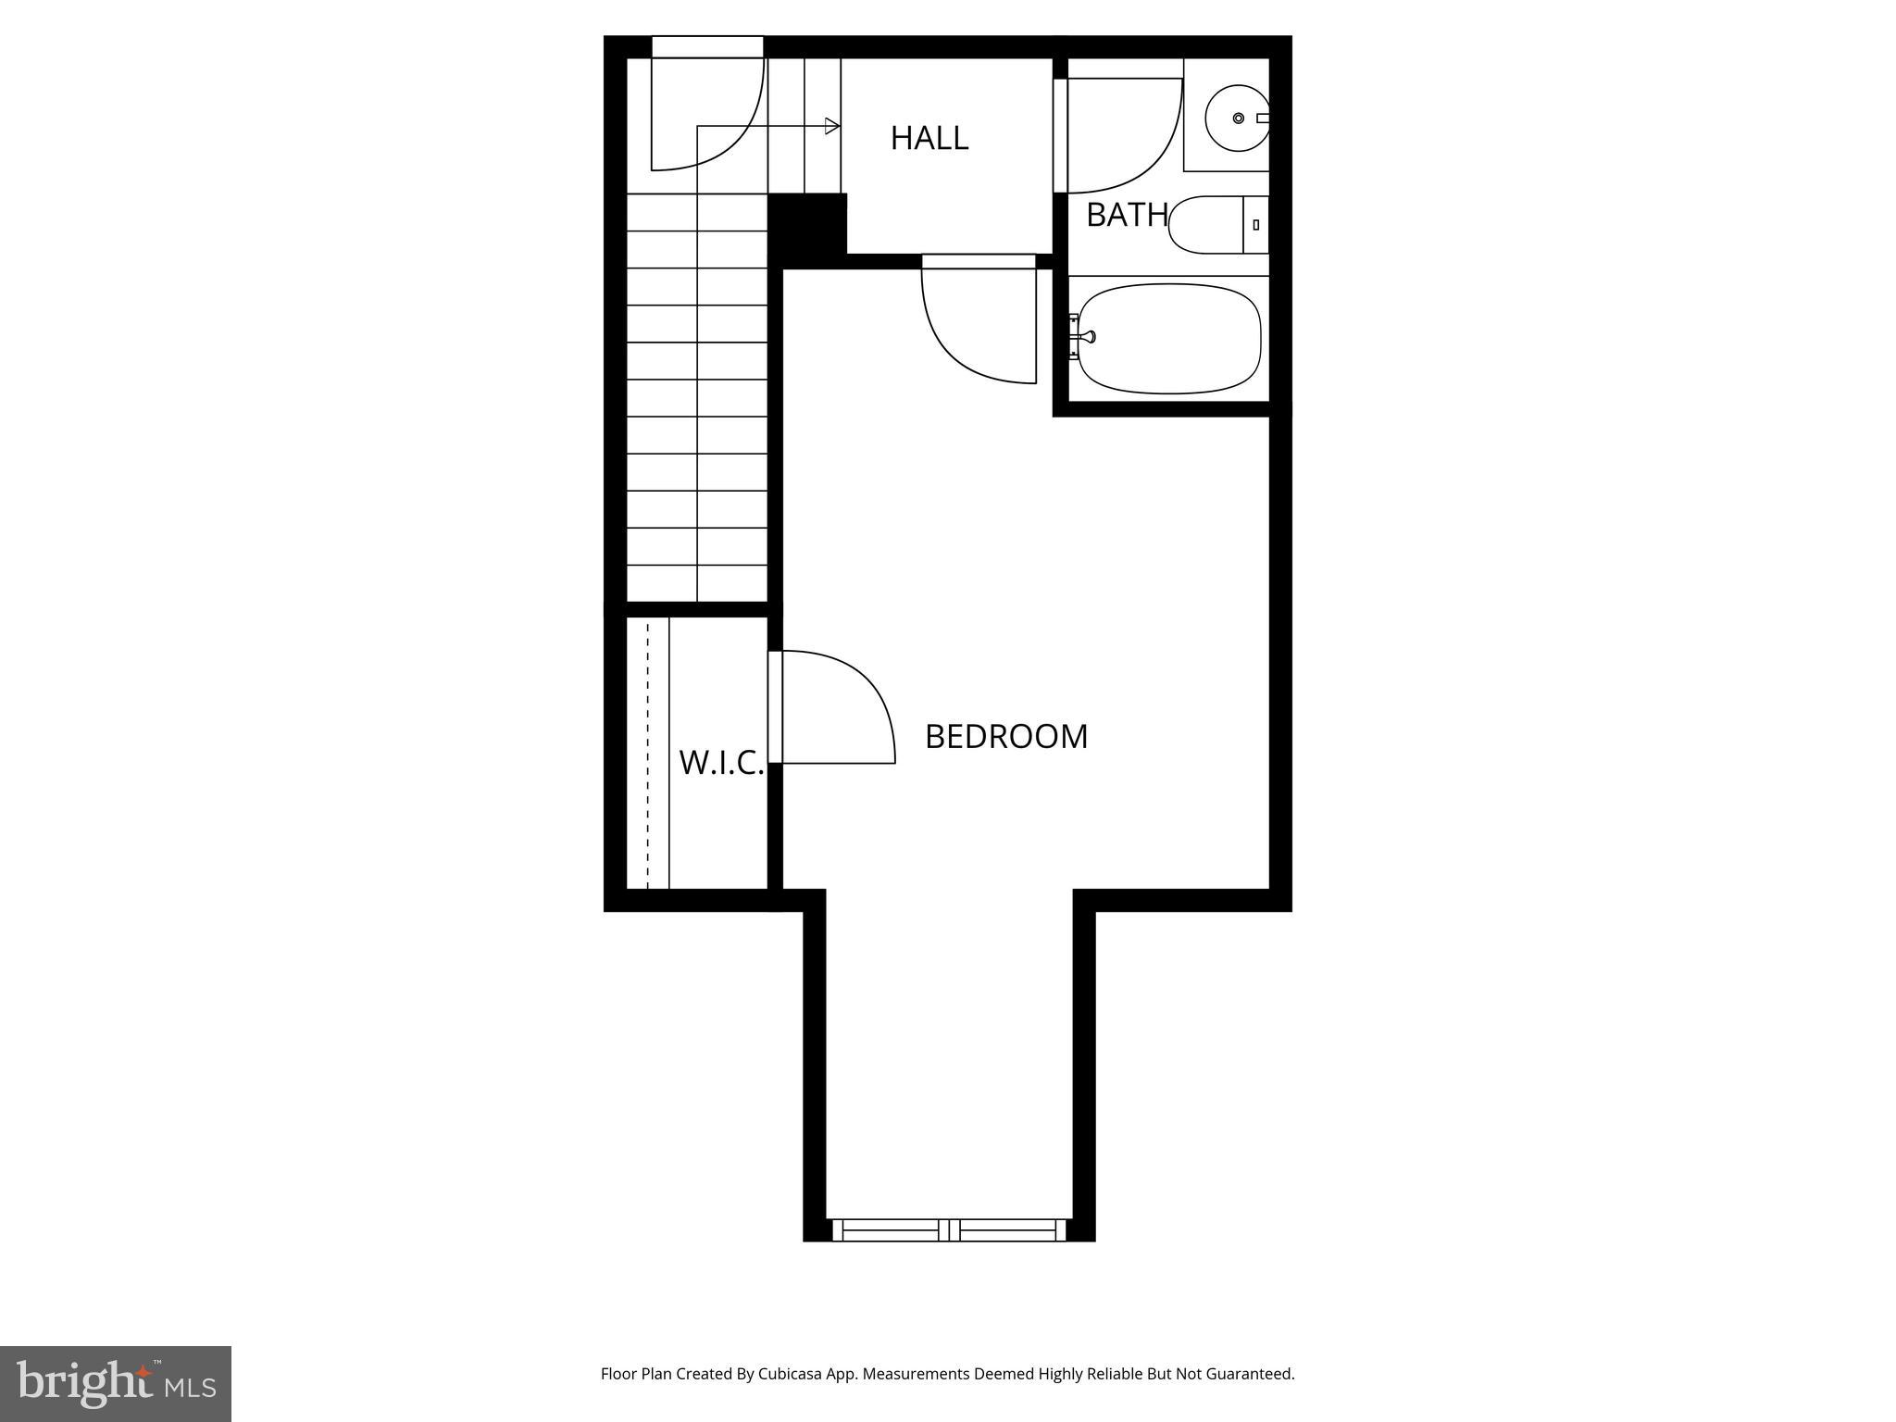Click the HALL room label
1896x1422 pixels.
pyautogui.click(x=929, y=138)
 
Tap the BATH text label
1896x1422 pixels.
pyautogui.click(x=1126, y=215)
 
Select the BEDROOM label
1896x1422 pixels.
pyautogui.click(x=1006, y=736)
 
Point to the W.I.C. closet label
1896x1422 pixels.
pyautogui.click(x=721, y=763)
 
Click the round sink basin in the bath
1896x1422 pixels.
pyautogui.click(x=1237, y=118)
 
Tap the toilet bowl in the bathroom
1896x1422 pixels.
pyautogui.click(x=1204, y=225)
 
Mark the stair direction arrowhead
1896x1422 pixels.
pyautogui.click(x=832, y=126)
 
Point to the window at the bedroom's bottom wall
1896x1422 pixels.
pyautogui.click(x=949, y=1230)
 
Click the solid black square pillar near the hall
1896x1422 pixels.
pyautogui.click(x=807, y=223)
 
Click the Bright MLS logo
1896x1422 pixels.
pyautogui.click(x=116, y=1383)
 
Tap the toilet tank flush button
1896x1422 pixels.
pyautogui.click(x=1256, y=225)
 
